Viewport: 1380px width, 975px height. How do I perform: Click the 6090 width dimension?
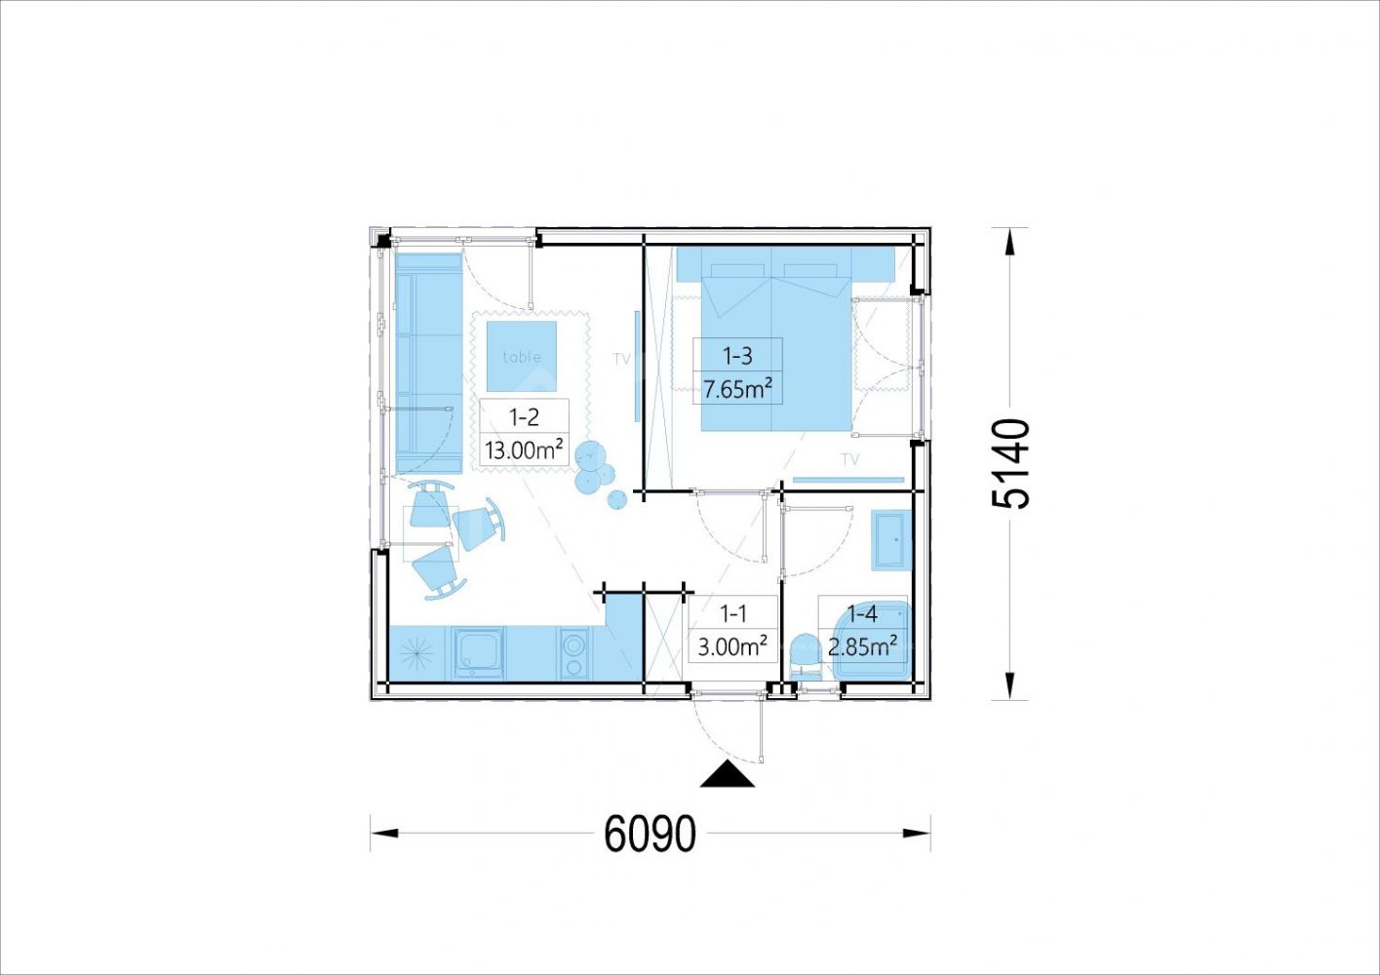tap(650, 834)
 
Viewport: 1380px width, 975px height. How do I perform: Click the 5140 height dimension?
tap(1011, 463)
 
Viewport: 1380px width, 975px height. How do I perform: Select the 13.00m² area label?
tap(524, 449)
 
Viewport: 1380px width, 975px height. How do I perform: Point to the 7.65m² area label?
tap(737, 389)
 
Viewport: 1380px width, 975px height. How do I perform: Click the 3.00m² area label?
tap(731, 646)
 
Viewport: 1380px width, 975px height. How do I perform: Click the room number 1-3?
tap(737, 355)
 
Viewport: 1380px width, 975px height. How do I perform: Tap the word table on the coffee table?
tap(522, 357)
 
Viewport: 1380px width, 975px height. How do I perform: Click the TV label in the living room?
tap(622, 359)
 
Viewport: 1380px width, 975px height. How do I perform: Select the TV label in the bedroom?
tap(850, 459)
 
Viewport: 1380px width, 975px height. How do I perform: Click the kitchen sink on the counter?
tap(479, 653)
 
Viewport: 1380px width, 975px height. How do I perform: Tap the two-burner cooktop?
tap(574, 653)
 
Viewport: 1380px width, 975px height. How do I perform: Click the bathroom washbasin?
tap(891, 540)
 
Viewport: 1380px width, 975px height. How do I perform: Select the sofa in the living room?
tap(429, 364)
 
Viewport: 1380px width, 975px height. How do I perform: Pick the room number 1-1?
tap(733, 613)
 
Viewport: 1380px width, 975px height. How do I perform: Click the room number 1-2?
tap(524, 417)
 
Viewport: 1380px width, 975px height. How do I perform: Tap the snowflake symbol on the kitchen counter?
tap(414, 652)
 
